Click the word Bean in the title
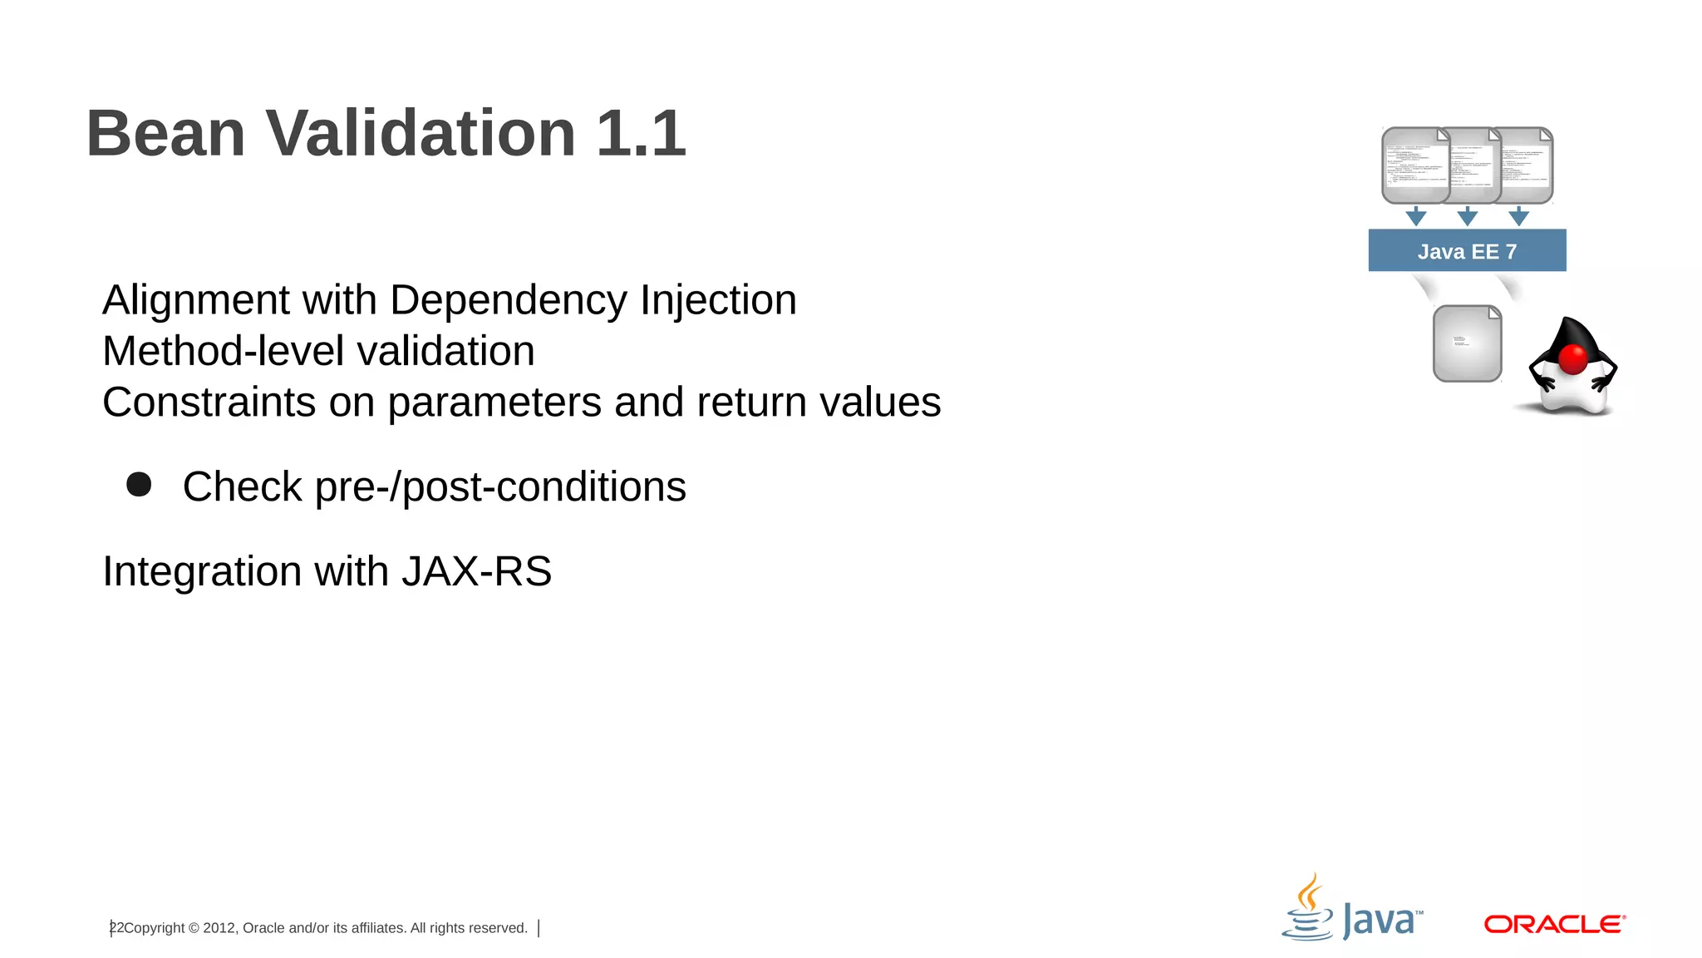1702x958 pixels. pyautogui.click(x=165, y=133)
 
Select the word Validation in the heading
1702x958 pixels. pyautogui.click(x=420, y=133)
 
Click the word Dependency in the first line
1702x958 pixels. pyautogui.click(x=508, y=301)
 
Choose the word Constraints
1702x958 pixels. pyautogui.click(x=209, y=402)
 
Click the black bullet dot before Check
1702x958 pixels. pyautogui.click(x=139, y=485)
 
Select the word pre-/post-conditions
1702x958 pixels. pyautogui.click(x=500, y=487)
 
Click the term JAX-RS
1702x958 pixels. pyautogui.click(x=476, y=572)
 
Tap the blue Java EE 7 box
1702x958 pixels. pyautogui.click(x=1467, y=250)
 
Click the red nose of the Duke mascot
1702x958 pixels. pyautogui.click(x=1572, y=359)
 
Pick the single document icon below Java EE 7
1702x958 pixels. pyautogui.click(x=1467, y=343)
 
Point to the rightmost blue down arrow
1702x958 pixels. pyautogui.click(x=1518, y=217)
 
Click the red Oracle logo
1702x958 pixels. pyautogui.click(x=1554, y=924)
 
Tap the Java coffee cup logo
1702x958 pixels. pyautogui.click(x=1308, y=909)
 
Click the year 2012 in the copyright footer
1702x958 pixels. pyautogui.click(x=219, y=928)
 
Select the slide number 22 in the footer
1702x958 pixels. pyautogui.click(x=116, y=928)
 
